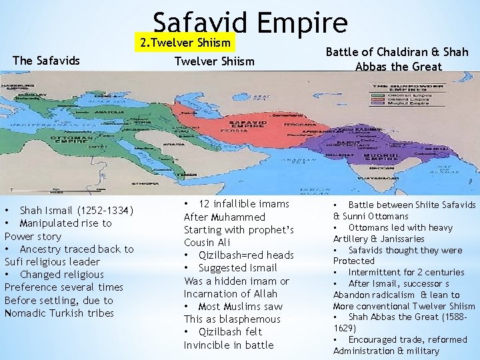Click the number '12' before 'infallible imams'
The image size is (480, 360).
205,204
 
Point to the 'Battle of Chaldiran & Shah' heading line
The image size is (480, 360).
397,52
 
